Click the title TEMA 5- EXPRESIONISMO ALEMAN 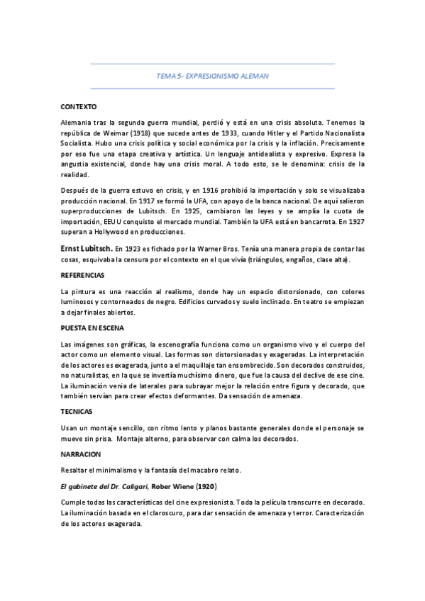point(212,75)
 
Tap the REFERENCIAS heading point(83,274)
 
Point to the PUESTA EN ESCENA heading point(93,327)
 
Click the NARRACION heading point(82,453)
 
